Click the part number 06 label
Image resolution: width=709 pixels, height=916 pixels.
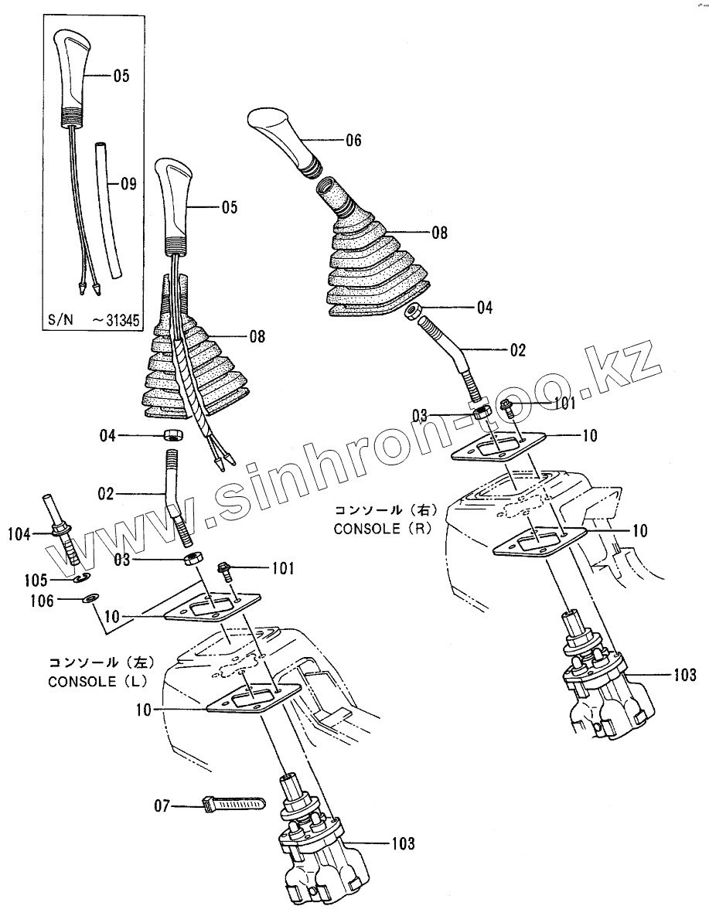[353, 141]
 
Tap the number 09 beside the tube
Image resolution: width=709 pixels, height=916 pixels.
[128, 184]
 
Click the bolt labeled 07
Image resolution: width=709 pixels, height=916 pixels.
[233, 807]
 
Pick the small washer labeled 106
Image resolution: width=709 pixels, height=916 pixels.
[90, 599]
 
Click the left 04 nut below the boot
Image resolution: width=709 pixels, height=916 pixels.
[173, 435]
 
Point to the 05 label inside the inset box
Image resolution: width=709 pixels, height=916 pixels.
[121, 76]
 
